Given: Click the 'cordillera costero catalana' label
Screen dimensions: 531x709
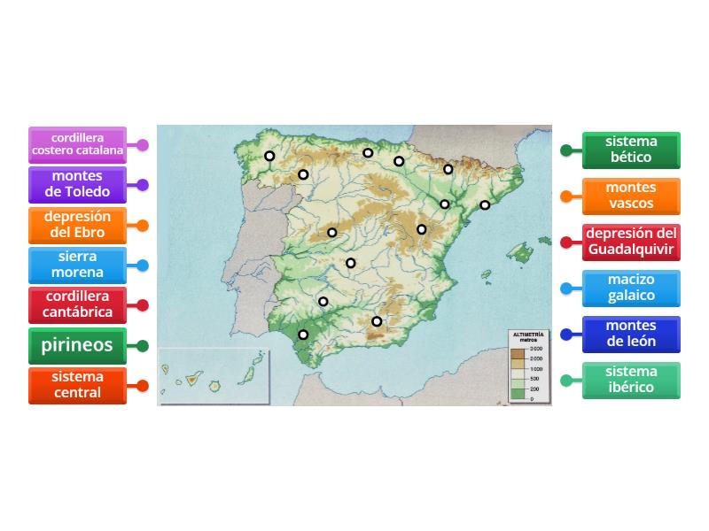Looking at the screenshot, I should point(77,145).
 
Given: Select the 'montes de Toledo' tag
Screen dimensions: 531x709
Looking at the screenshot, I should point(77,185).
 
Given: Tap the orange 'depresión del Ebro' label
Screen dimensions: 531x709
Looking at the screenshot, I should point(77,225).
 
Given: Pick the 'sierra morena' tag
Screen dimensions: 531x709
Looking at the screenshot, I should point(77,265).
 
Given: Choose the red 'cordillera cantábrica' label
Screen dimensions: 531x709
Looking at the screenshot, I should point(77,304).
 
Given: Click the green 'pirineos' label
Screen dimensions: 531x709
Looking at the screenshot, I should point(77,345).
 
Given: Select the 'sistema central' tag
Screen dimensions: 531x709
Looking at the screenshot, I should point(77,386).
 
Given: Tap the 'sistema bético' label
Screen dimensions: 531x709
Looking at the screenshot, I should point(631,150).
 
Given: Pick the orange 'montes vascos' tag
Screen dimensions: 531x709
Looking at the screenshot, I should point(631,196).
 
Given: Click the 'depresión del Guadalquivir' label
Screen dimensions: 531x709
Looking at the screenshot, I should point(631,242).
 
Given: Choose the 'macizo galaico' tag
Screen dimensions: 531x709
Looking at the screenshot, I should point(631,288).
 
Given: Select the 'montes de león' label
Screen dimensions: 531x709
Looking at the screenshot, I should point(631,334).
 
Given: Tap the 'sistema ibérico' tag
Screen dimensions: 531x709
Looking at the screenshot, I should point(631,380).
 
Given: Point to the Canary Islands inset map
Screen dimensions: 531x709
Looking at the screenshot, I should point(214,376).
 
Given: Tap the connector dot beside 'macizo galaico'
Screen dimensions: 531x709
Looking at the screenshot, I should point(566,288).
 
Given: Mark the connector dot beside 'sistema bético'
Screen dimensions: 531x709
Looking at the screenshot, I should point(566,150).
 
